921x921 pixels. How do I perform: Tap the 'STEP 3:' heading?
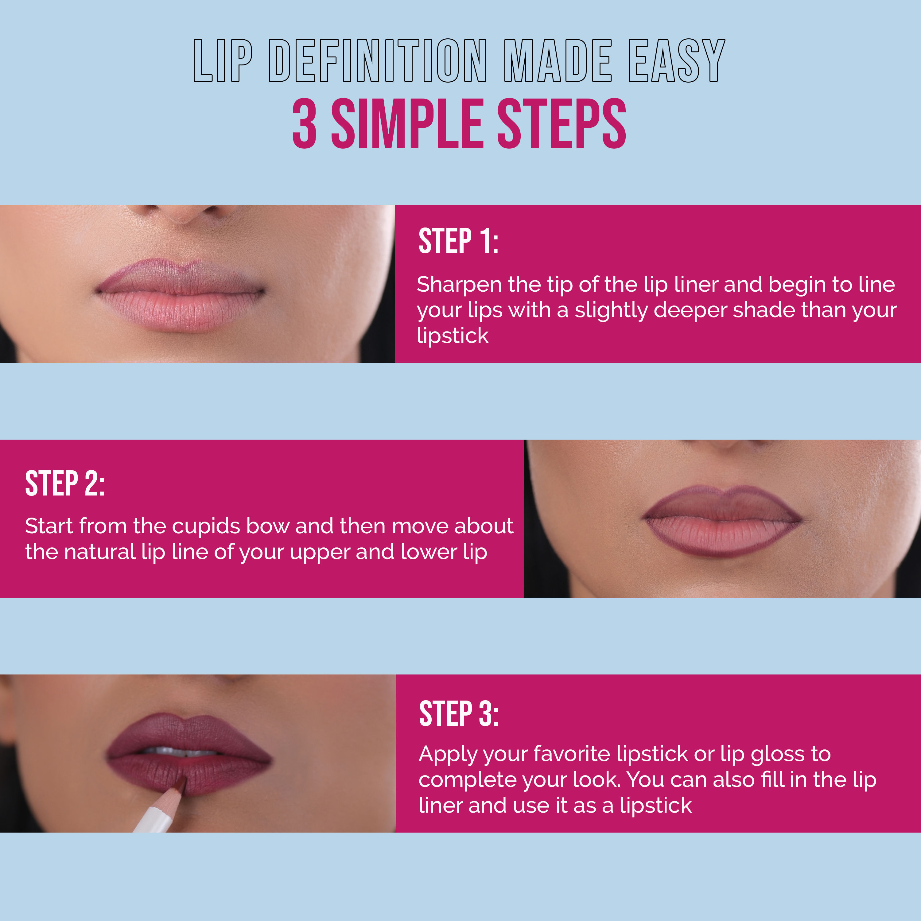459,714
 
